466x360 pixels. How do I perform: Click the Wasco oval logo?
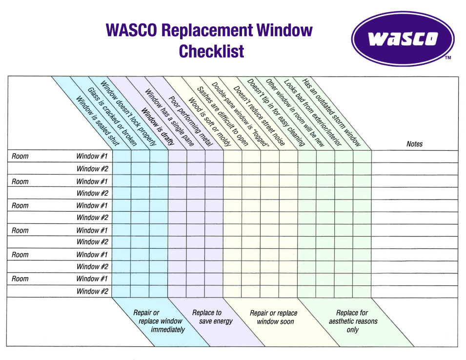click(x=403, y=39)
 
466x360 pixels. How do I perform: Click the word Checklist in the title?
click(x=211, y=51)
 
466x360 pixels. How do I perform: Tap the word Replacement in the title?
click(x=207, y=30)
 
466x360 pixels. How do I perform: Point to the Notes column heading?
click(x=414, y=144)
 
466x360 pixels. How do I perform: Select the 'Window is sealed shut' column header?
click(x=98, y=121)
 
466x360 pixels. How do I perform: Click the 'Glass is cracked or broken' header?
click(x=112, y=117)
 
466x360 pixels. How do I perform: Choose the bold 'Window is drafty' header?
click(x=158, y=126)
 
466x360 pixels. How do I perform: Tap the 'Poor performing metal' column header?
click(x=191, y=121)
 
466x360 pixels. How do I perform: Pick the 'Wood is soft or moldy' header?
click(x=209, y=122)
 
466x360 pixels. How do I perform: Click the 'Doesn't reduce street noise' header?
click(x=259, y=116)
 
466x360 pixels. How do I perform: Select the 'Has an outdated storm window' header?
click(x=331, y=112)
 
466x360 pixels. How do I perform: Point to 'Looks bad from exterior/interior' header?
click(x=313, y=113)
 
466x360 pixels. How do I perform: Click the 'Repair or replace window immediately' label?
click(x=159, y=321)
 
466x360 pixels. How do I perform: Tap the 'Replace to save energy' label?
click(x=212, y=317)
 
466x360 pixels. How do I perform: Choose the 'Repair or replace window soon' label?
click(x=274, y=317)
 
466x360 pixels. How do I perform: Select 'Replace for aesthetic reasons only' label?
click(x=353, y=321)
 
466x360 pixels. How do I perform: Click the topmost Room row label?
click(x=20, y=156)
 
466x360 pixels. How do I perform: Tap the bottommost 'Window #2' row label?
click(x=92, y=291)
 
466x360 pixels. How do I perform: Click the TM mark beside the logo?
click(x=448, y=58)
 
